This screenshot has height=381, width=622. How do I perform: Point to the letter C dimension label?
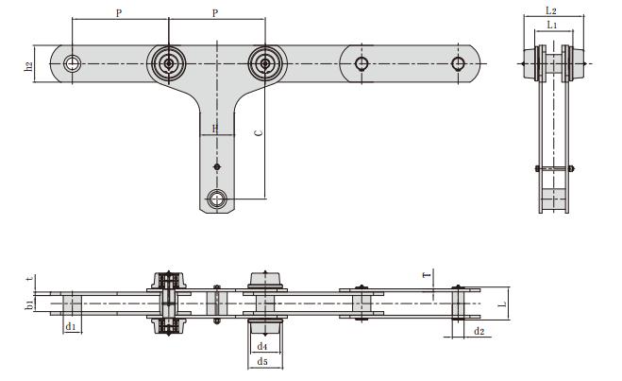pyautogui.click(x=258, y=134)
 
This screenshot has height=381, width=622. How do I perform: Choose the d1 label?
pyautogui.click(x=70, y=326)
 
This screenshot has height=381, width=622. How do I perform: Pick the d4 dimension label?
pyautogui.click(x=263, y=347)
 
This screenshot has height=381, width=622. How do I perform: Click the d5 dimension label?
pyautogui.click(x=263, y=362)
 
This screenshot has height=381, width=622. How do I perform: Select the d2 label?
pyautogui.click(x=479, y=332)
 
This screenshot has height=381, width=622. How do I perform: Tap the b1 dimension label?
pyautogui.click(x=29, y=303)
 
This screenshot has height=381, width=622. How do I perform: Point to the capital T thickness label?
pyautogui.click(x=427, y=275)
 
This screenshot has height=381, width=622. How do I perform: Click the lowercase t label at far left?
pyautogui.click(x=29, y=279)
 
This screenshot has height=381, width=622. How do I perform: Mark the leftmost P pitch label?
pyautogui.click(x=118, y=13)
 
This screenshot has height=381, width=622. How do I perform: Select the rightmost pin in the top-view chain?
pyautogui.click(x=458, y=63)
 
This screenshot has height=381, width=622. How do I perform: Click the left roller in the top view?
pyautogui.click(x=169, y=64)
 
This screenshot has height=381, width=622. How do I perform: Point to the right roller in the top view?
pyautogui.click(x=265, y=64)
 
